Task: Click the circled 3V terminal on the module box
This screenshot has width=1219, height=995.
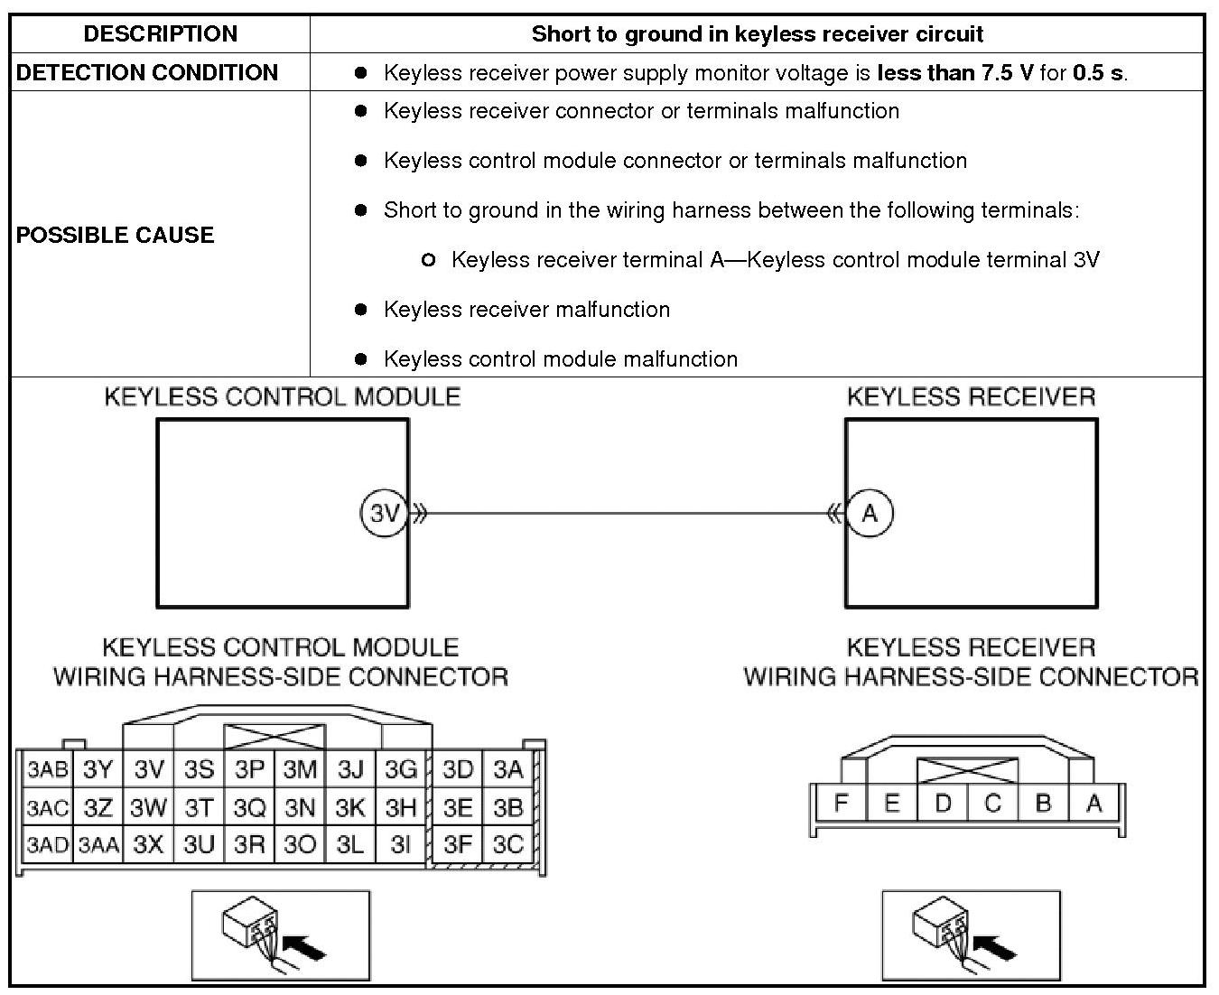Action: click(385, 514)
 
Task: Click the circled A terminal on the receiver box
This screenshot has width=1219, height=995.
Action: click(870, 514)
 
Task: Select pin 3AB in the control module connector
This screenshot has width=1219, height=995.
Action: click(47, 770)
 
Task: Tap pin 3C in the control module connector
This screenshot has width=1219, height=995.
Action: click(508, 844)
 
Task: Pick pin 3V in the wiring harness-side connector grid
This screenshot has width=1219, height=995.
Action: click(149, 770)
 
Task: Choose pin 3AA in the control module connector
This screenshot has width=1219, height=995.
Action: click(98, 845)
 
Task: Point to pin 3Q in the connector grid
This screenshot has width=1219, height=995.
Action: click(250, 807)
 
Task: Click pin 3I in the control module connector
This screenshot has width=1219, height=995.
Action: click(400, 845)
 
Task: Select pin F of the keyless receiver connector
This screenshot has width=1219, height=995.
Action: click(841, 803)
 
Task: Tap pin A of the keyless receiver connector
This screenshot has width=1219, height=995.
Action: click(1093, 803)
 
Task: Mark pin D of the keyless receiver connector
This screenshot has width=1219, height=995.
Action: click(942, 803)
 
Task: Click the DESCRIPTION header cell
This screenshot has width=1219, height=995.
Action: click(160, 34)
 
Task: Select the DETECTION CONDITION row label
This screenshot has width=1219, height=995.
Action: click(147, 72)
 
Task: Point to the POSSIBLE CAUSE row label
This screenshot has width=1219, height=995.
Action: click(116, 235)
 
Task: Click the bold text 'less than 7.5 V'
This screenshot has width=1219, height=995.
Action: click(955, 73)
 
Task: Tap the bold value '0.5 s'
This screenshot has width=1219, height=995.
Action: click(1098, 73)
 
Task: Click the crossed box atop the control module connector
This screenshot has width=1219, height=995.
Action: click(274, 736)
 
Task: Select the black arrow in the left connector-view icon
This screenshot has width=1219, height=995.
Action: click(303, 946)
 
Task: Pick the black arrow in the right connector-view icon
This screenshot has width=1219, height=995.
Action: click(994, 946)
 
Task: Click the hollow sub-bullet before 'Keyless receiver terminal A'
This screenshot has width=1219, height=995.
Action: click(428, 260)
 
